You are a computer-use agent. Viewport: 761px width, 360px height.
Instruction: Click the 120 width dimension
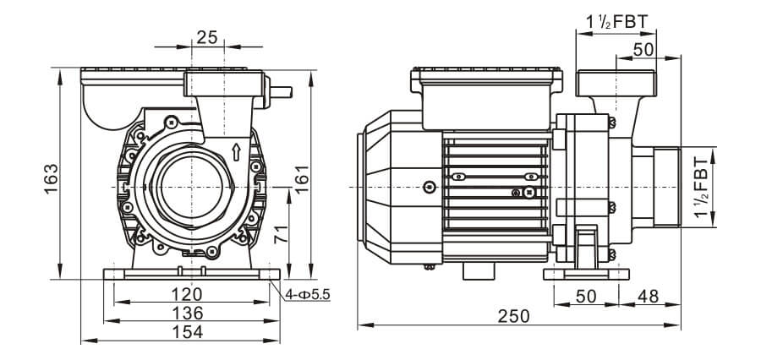(187, 294)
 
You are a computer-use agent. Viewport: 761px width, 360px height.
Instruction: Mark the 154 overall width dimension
(187, 332)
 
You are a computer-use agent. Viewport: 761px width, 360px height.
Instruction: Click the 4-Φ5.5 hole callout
(309, 294)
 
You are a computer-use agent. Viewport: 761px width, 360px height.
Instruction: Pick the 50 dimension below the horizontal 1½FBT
(643, 50)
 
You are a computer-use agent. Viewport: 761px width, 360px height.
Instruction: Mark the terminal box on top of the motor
(485, 97)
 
